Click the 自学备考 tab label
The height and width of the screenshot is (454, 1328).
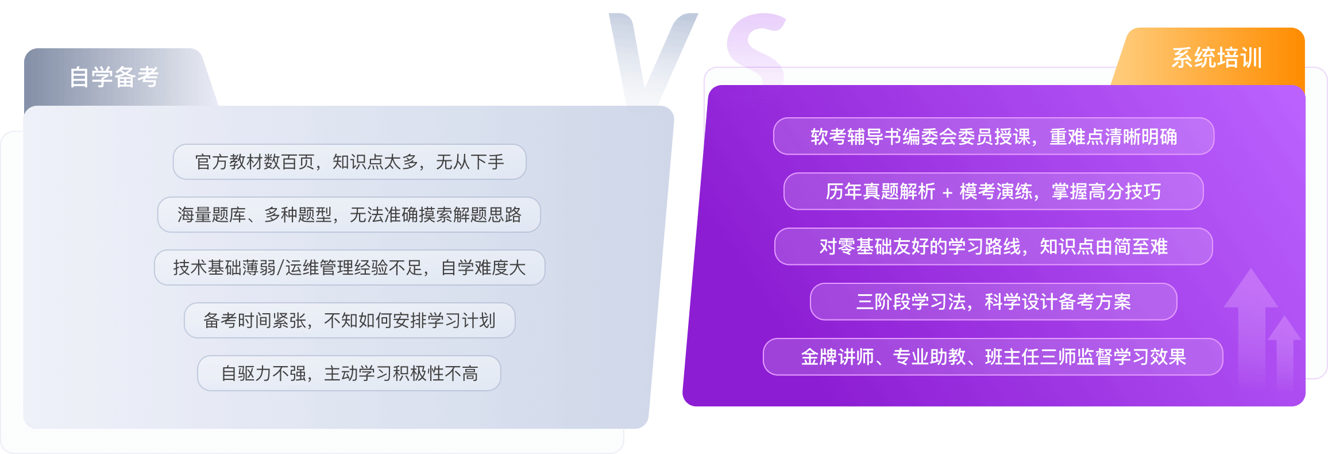[114, 77]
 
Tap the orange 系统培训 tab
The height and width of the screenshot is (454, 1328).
[1216, 58]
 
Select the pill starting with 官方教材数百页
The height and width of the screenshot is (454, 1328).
[349, 162]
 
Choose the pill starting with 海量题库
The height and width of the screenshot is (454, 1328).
[349, 215]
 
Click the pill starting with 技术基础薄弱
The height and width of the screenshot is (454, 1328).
[349, 268]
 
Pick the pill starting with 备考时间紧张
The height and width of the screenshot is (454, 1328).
[349, 321]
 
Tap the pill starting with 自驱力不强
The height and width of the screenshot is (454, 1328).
[349, 374]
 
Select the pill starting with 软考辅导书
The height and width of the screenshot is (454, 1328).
[994, 137]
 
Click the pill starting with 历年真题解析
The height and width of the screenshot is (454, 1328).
[994, 191]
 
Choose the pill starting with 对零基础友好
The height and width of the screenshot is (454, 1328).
[994, 247]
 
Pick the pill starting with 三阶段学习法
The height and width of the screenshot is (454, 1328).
[994, 302]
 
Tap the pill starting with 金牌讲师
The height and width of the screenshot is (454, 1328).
[994, 357]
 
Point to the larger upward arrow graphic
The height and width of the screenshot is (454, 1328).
[1250, 322]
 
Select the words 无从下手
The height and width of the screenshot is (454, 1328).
[470, 162]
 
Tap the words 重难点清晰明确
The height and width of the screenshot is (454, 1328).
[1113, 137]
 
